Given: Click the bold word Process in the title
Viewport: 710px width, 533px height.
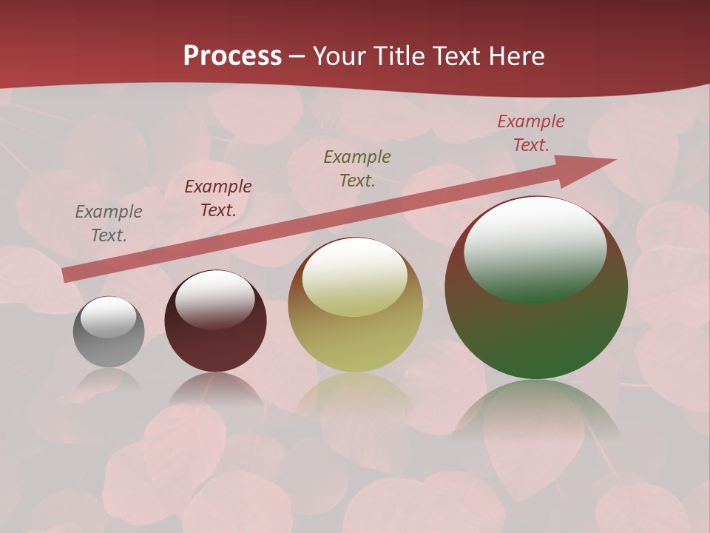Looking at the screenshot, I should click(232, 56).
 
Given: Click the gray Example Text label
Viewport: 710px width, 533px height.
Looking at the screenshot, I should click(108, 224).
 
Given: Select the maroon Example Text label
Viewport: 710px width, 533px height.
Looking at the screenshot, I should click(218, 198).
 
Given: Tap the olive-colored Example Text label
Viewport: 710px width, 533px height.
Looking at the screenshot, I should click(357, 168).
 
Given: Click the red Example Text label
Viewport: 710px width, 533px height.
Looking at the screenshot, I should click(531, 133).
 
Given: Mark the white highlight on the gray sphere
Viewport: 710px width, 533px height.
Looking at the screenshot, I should click(108, 317).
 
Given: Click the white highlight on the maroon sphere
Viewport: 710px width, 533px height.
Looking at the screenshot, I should click(214, 298).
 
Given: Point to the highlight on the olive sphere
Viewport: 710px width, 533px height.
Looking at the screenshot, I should click(354, 276).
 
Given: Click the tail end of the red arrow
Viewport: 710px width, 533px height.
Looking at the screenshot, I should click(68, 275).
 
